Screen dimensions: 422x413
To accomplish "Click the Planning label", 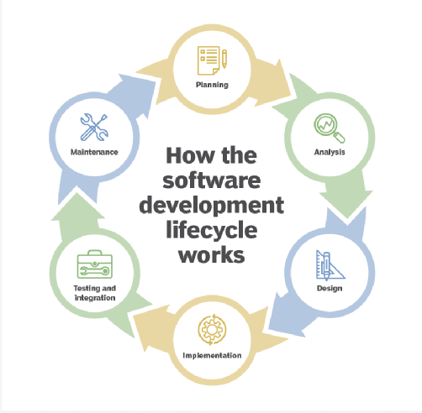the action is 212,85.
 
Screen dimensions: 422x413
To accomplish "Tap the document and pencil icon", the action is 212,60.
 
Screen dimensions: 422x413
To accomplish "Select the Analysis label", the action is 330,152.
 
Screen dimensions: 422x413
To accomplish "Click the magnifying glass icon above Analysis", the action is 330,128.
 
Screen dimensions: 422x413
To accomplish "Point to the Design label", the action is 330,288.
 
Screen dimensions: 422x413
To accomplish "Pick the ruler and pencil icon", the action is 330,265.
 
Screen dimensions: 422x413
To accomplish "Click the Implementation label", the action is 212,355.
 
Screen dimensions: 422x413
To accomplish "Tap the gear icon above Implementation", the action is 212,329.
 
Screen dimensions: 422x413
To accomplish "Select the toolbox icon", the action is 95,264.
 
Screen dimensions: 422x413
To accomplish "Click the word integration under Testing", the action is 95,298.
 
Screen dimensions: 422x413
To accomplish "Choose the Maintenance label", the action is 94,152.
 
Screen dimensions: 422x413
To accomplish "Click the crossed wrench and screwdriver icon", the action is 94,128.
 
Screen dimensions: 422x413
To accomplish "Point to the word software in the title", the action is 212,180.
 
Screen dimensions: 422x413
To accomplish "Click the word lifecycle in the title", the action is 212,231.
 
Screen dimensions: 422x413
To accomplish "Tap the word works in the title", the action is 212,254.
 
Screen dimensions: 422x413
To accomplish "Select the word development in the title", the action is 212,206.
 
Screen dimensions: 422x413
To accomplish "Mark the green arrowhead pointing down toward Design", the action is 346,204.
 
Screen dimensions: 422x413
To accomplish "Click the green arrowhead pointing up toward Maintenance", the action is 77,206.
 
